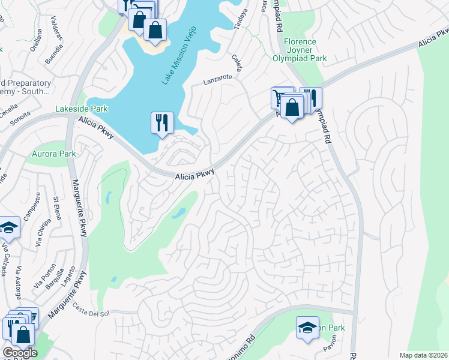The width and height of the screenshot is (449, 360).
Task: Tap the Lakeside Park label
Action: [x=81, y=109]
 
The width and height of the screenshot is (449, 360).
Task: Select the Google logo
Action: [x=20, y=353]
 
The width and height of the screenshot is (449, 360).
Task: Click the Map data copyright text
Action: [x=424, y=355]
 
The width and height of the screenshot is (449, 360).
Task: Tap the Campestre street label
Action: [x=38, y=204]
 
